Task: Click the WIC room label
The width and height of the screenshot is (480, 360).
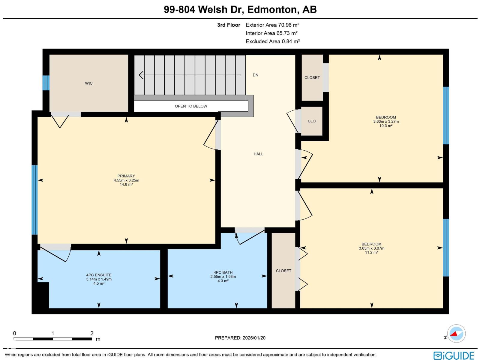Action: coord(89,83)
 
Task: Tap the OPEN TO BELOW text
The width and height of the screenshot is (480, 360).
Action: coord(191,106)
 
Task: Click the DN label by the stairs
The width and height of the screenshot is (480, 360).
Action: coord(255,75)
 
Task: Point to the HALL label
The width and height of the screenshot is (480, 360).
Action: coord(258,154)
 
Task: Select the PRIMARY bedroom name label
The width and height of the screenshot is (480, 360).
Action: coord(126,176)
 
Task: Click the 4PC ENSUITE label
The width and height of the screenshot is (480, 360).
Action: coord(99,275)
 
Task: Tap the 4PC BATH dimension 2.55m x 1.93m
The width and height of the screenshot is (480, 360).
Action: coord(223,277)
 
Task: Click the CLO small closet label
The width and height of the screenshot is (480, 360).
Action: coord(311,121)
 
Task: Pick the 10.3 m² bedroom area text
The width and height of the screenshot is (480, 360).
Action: coord(386,126)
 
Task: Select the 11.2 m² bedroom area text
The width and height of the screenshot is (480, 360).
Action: coord(371,253)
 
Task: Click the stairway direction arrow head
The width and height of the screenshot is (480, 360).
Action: coord(141,75)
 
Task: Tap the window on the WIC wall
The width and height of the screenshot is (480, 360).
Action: coord(46,83)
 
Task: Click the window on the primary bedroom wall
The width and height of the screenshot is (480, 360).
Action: coord(34,200)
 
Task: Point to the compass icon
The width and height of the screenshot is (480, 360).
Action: coord(456,334)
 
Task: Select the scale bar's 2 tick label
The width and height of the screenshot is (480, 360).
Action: coord(92,333)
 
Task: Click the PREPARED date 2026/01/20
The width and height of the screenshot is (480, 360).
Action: coord(240,338)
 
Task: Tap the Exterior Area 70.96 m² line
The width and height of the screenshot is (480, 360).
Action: coord(272,25)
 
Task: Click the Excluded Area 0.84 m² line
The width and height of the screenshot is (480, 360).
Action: coord(273,41)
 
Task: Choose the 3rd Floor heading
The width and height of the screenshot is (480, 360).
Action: coord(229,25)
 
